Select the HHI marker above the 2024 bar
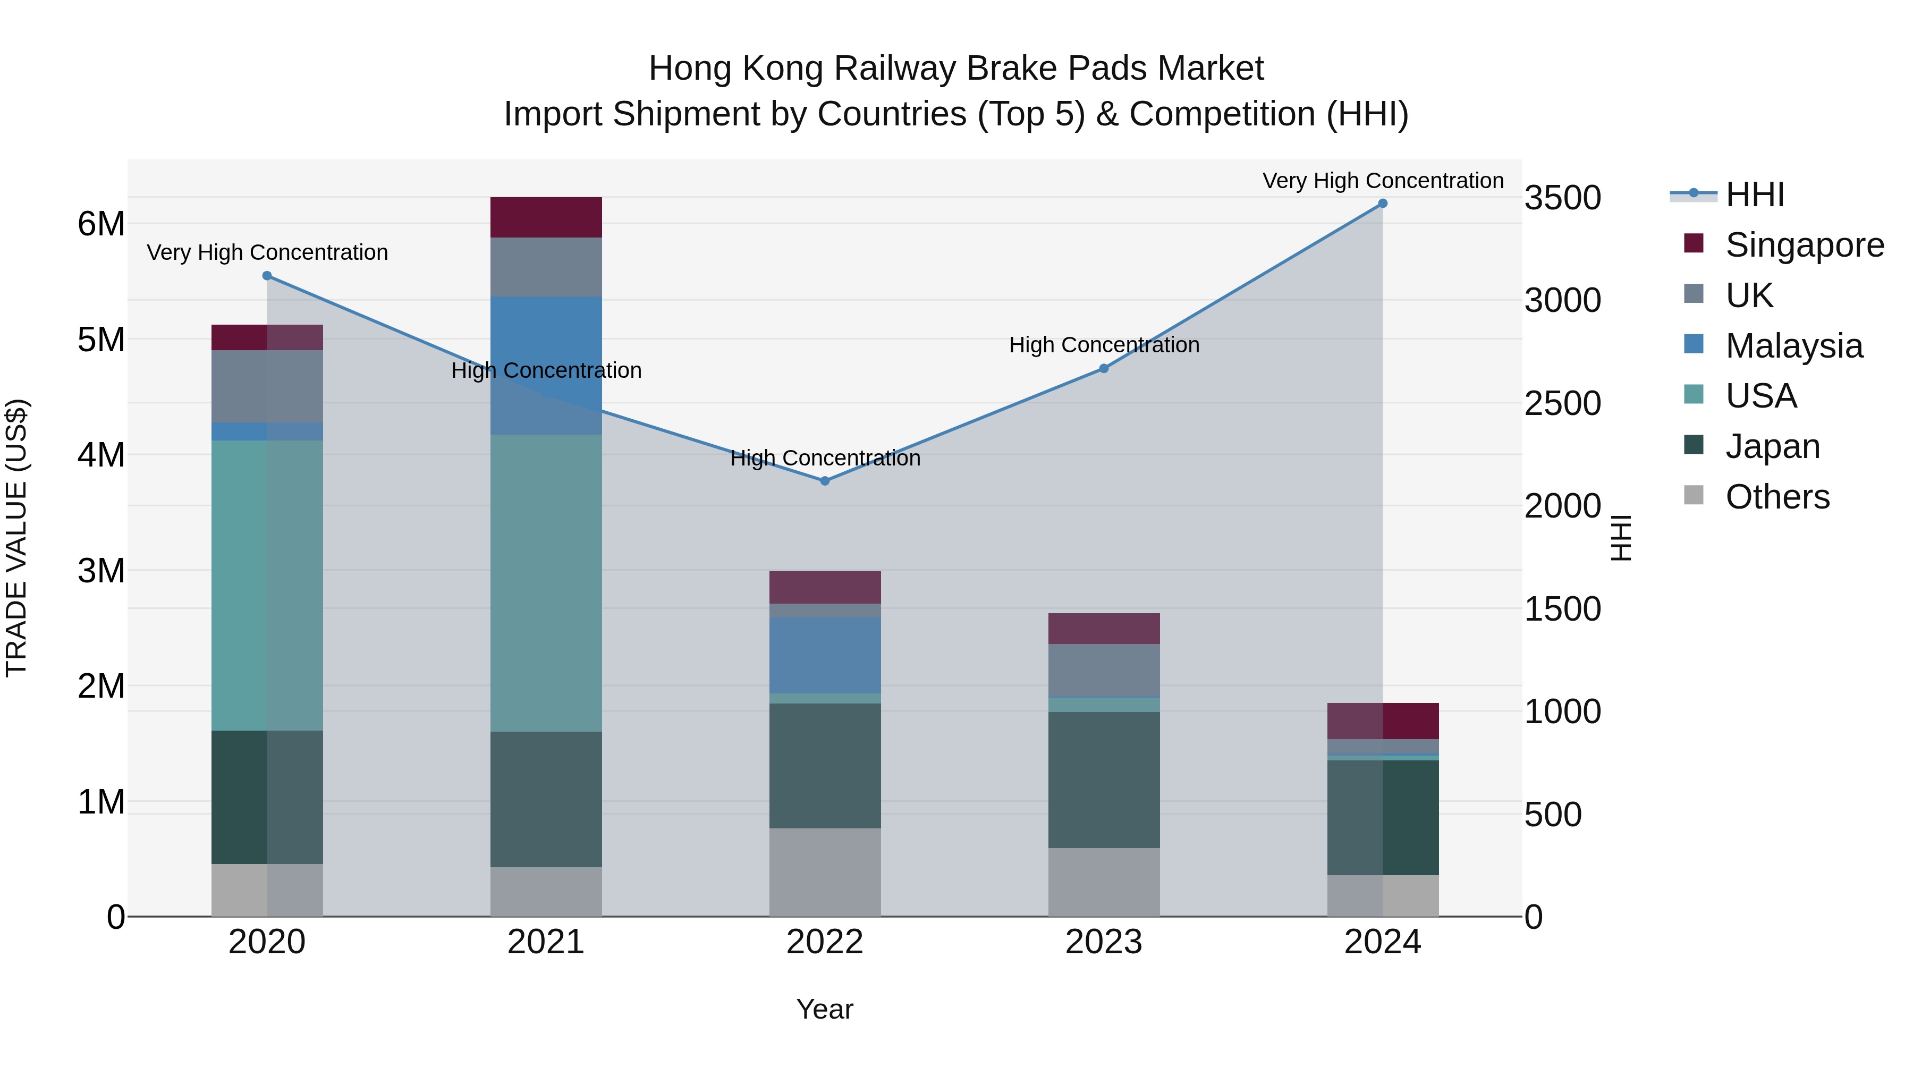1382,204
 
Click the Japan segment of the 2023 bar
1104,780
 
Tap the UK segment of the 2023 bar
1104,670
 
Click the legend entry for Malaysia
1793,346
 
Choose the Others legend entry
1777,497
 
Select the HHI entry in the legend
1754,194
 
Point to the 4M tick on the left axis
101,455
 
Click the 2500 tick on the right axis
1562,403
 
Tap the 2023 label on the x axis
1104,942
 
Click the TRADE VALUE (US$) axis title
16,538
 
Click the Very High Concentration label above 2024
1382,181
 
